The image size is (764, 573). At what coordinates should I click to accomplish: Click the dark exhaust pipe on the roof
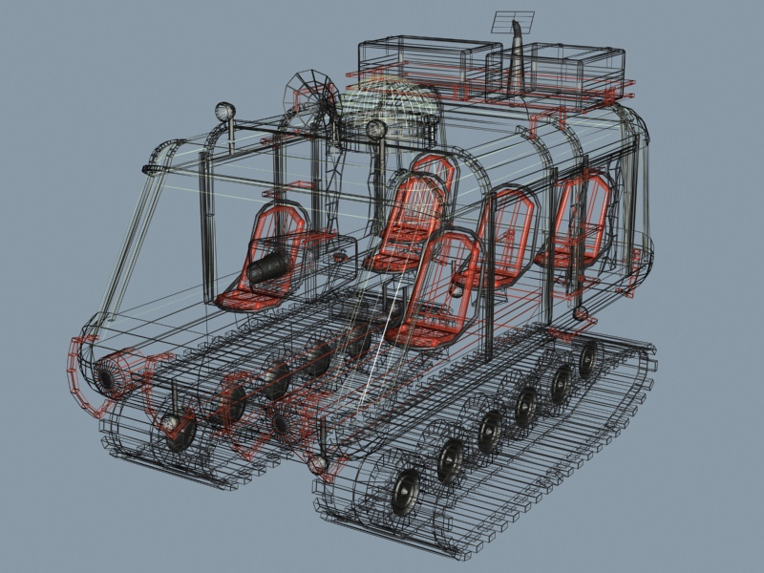(518, 67)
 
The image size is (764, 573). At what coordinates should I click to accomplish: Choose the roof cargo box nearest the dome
(428, 62)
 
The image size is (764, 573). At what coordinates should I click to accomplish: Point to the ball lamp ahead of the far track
(171, 420)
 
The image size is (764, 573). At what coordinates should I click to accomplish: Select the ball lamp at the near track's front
(318, 464)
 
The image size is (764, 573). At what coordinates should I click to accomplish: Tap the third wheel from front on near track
(491, 430)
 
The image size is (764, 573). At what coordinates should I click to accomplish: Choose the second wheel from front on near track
(451, 459)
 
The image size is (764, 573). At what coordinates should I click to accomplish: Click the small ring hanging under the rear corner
(580, 313)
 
